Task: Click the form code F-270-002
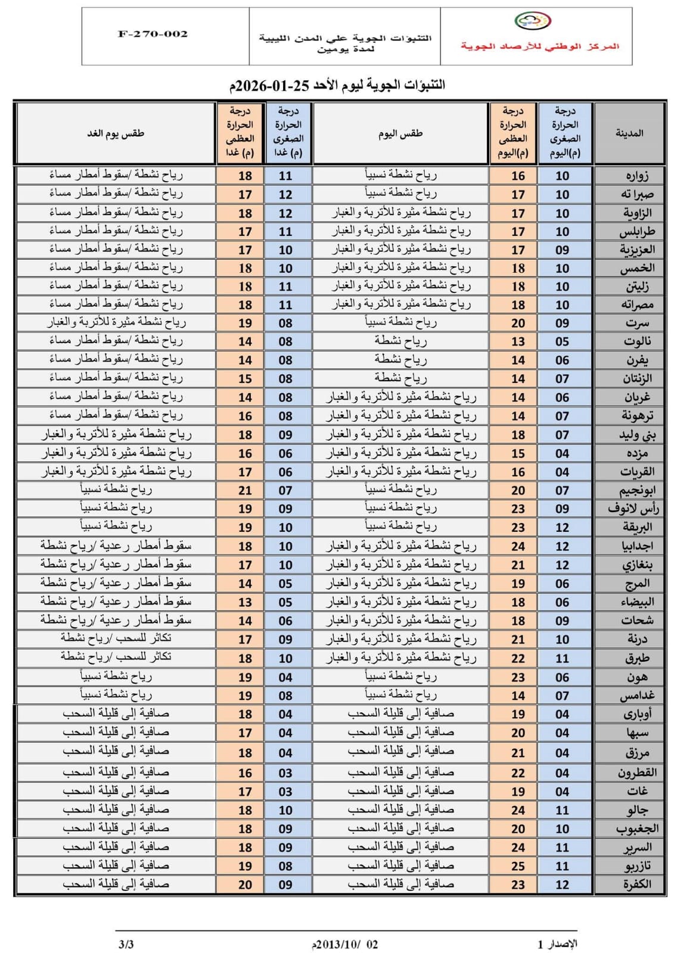tap(153, 34)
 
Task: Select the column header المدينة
tap(629, 133)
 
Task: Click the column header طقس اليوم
tap(400, 133)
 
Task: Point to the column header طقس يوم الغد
tap(116, 133)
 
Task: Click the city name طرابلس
tap(636, 232)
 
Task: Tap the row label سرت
tap(637, 323)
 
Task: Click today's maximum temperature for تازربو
tap(518, 866)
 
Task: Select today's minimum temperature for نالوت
tap(562, 341)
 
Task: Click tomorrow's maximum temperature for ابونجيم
tap(245, 490)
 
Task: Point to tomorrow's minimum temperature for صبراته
tap(285, 194)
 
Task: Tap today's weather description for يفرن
tap(400, 360)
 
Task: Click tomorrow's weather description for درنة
tap(116, 639)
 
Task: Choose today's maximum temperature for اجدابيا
tap(518, 546)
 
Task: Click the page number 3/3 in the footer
tap(126, 944)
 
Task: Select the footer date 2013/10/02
tap(346, 944)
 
